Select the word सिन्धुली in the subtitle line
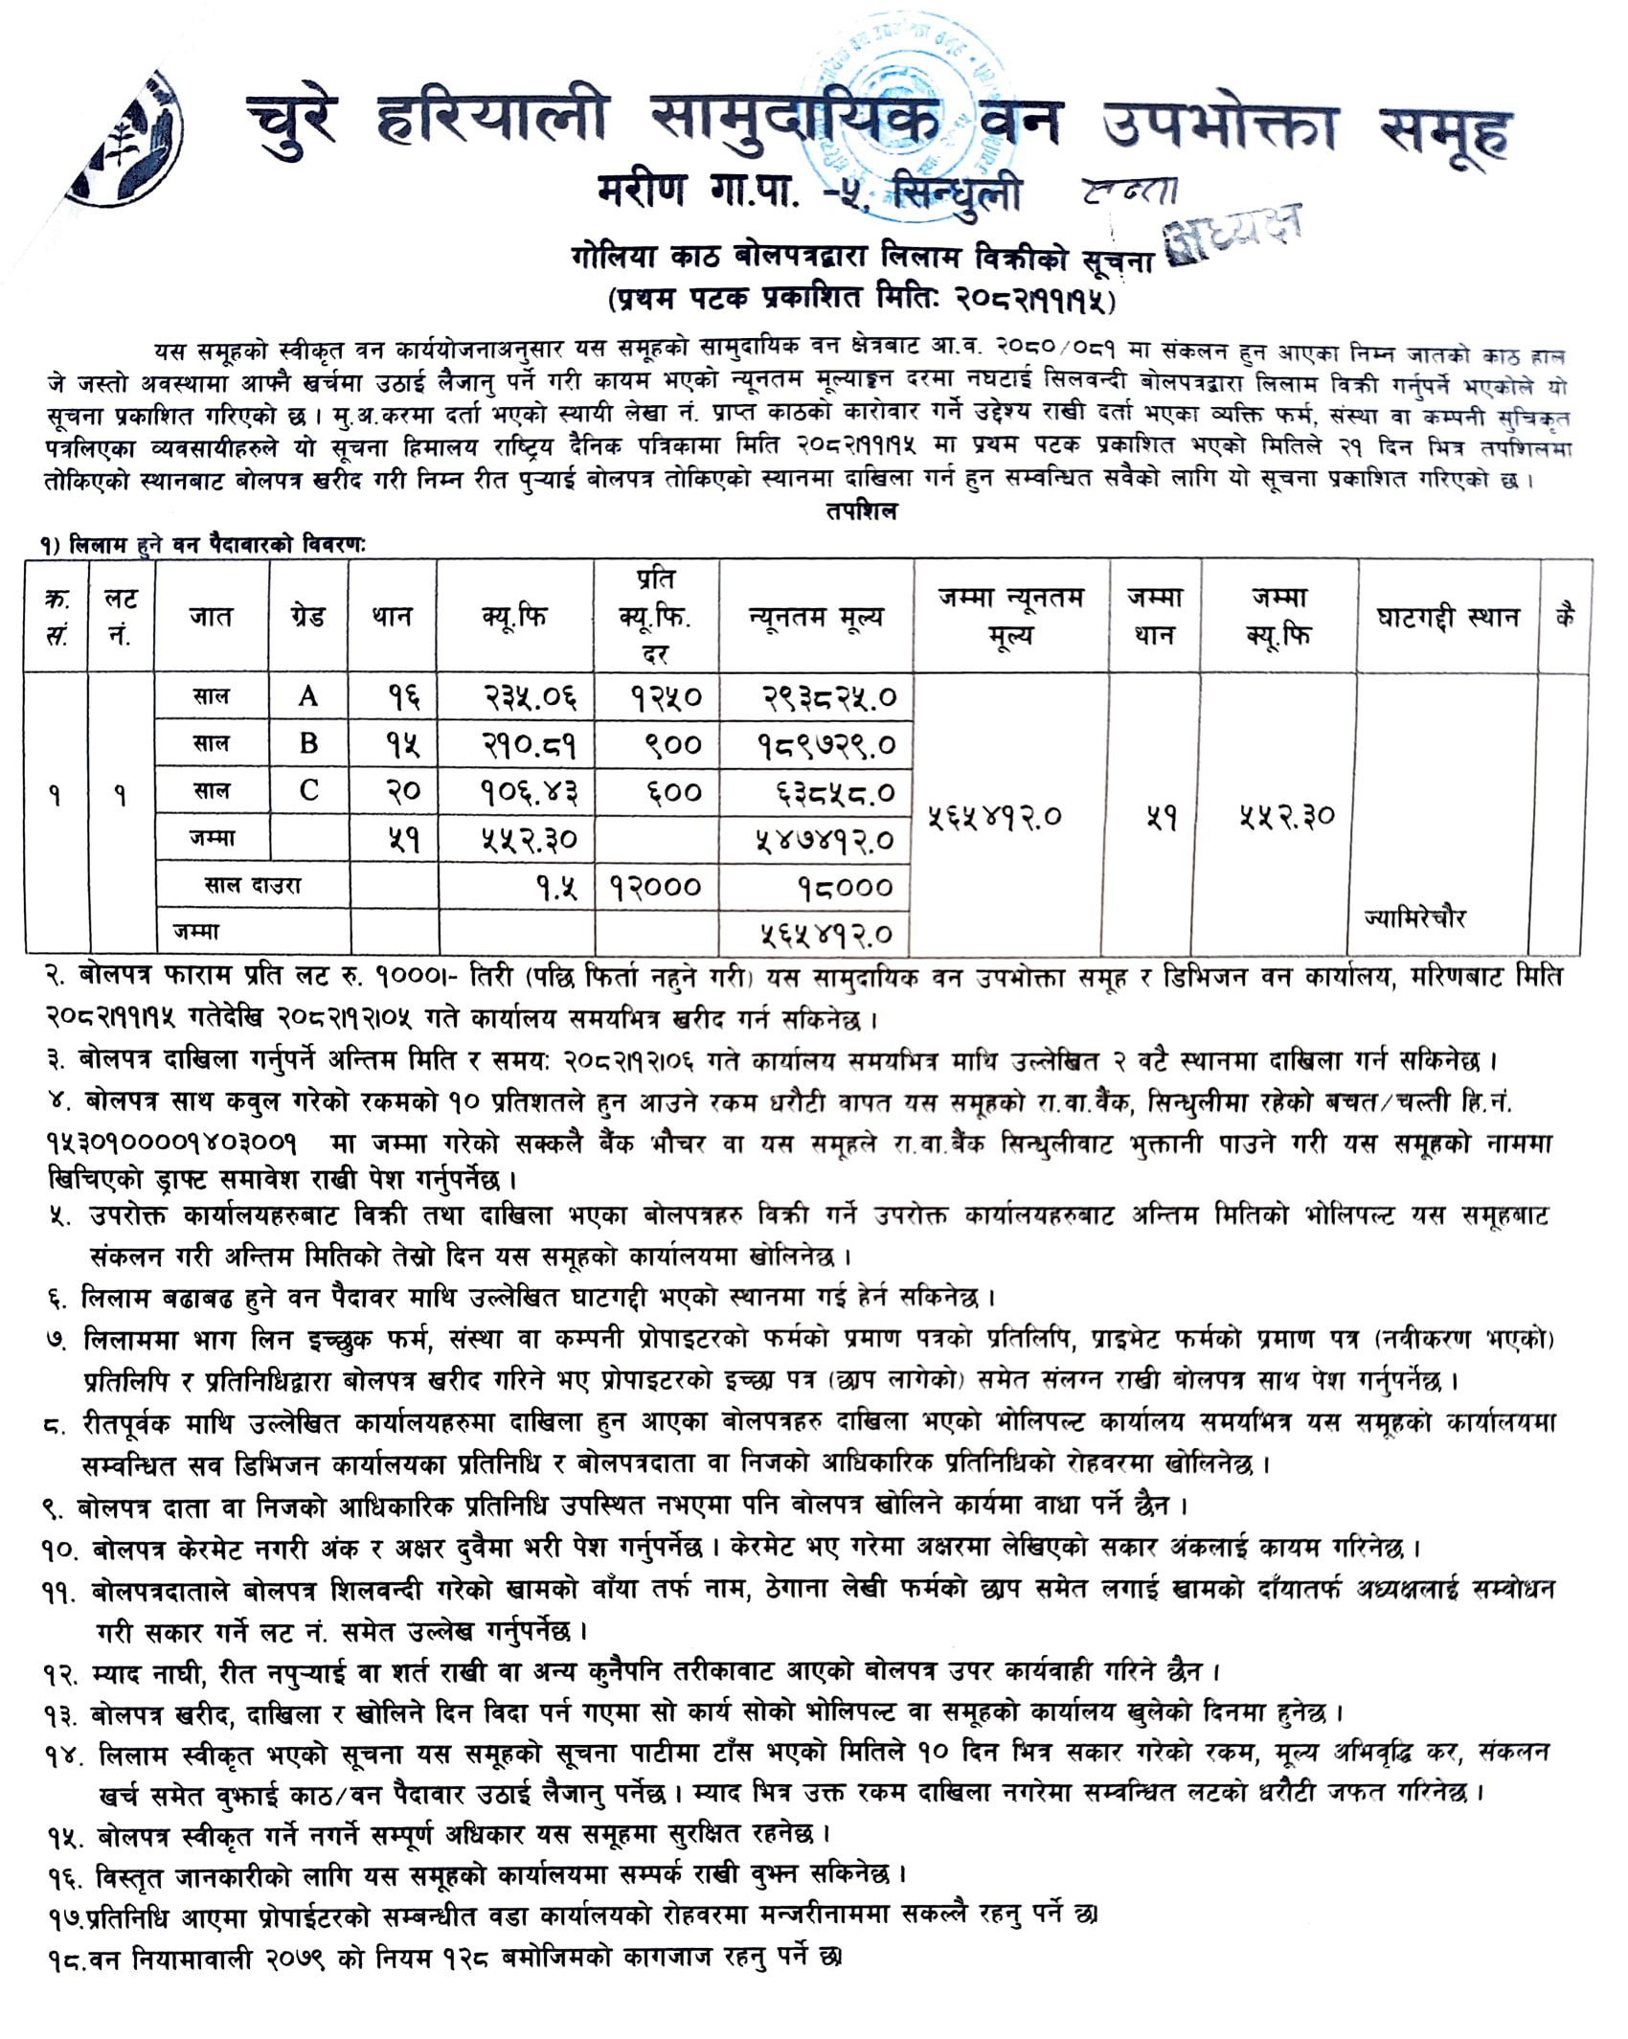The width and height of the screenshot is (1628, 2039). [957, 193]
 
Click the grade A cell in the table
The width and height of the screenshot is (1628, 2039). [307, 696]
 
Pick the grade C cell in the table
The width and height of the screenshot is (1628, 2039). [308, 790]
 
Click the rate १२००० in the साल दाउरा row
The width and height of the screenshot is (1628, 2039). [656, 887]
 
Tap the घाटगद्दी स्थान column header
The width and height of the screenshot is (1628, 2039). [1448, 618]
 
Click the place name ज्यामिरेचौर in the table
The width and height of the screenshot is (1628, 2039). [1414, 918]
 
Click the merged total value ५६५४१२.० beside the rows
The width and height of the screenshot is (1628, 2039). [995, 817]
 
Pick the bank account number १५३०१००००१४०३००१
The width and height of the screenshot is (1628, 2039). [172, 1143]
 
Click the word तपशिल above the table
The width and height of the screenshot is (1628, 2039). [861, 511]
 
